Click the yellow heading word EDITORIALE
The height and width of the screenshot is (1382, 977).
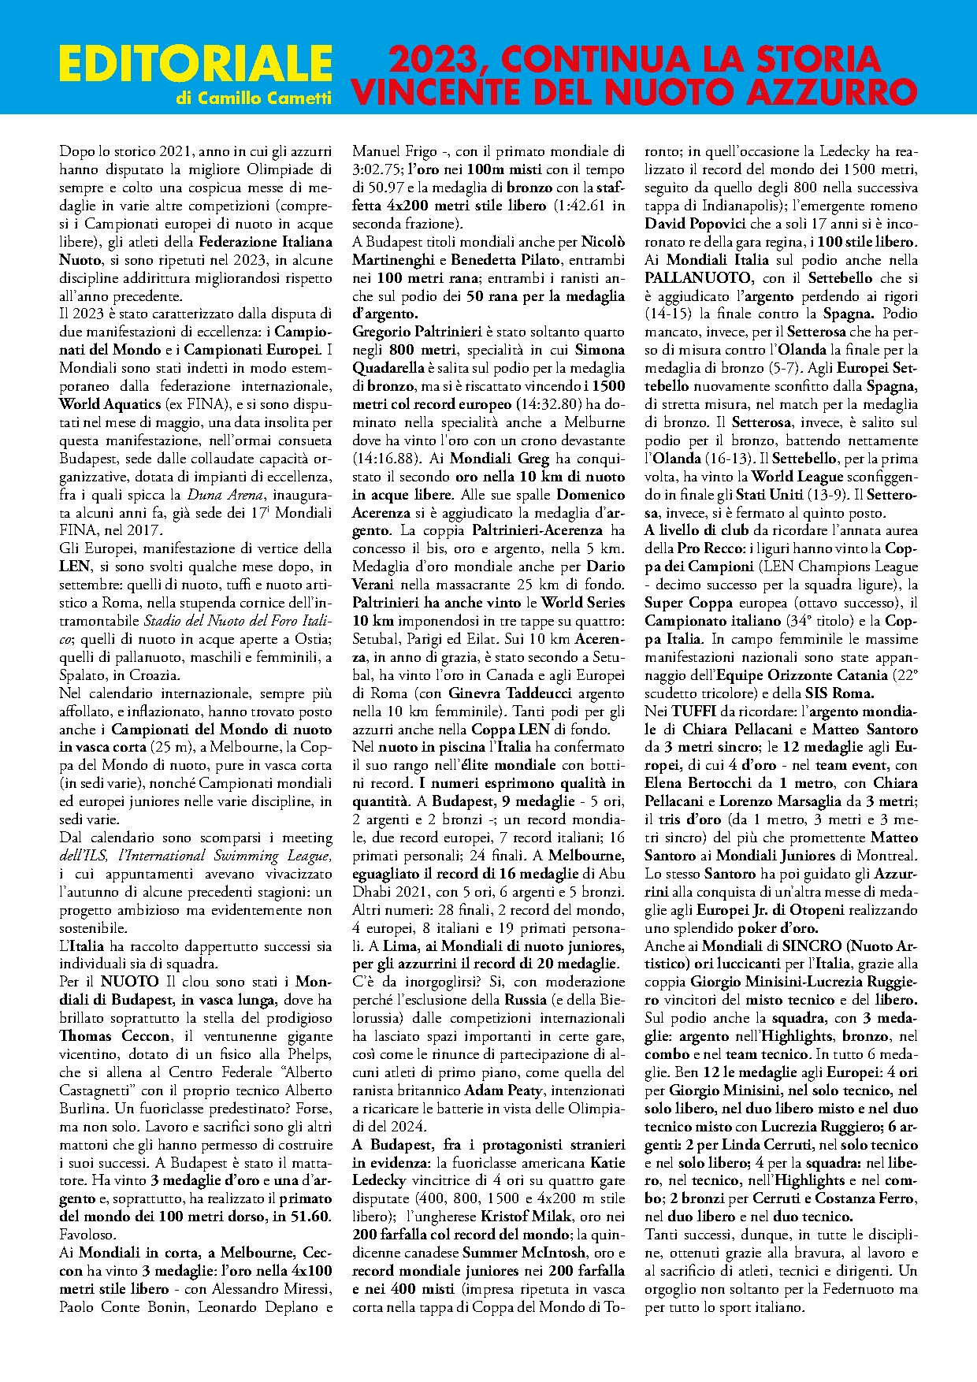[x=195, y=64]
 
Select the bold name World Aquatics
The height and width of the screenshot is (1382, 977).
[x=110, y=404]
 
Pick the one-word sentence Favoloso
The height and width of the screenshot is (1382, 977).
[x=87, y=1235]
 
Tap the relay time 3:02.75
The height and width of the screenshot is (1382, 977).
[x=378, y=169]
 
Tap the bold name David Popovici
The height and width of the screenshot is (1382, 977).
[x=693, y=224]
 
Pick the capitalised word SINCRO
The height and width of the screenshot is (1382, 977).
[x=815, y=945]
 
